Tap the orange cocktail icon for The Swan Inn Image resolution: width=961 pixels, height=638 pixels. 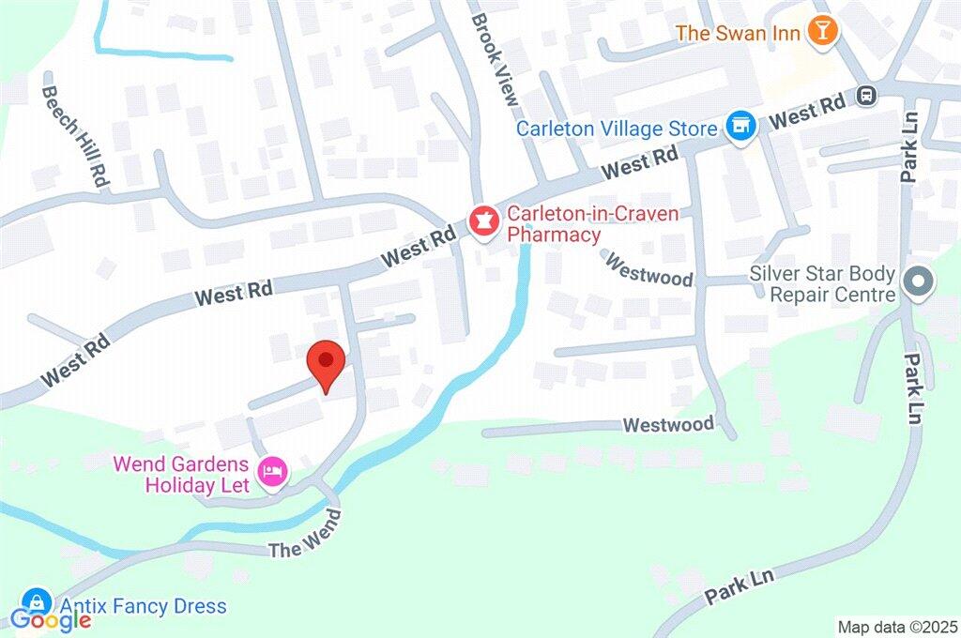pos(823,32)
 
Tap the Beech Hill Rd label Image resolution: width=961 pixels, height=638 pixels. pos(76,129)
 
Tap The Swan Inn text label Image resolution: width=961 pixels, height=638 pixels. pos(738,33)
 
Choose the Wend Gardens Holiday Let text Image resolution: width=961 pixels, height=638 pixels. pos(182,474)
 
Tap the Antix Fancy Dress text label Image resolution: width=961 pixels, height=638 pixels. pos(142,606)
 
